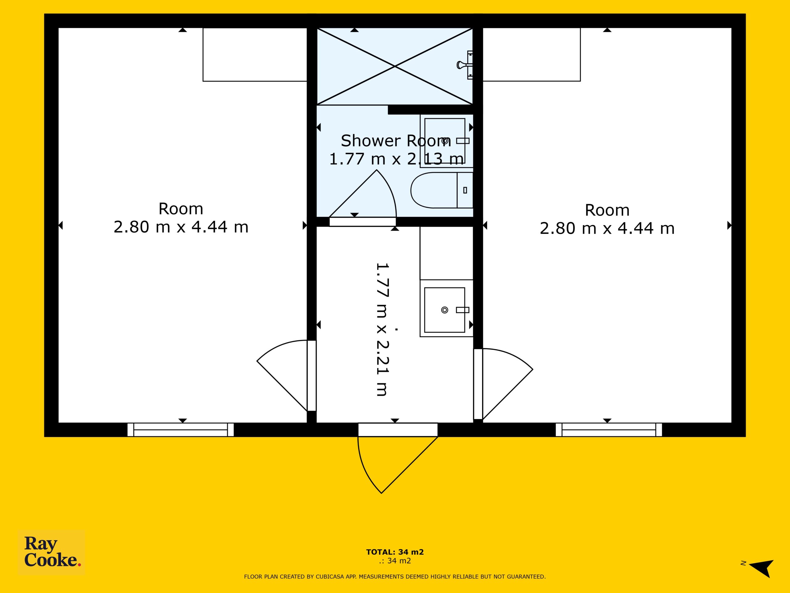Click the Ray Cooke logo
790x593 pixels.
[52, 552]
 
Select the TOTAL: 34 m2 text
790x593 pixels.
[395, 552]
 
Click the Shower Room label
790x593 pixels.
[396, 141]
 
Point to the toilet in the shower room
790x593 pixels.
[442, 190]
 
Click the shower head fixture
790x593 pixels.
[465, 65]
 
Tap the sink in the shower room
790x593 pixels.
[447, 141]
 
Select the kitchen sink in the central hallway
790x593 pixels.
[447, 309]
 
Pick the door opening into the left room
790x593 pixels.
[286, 375]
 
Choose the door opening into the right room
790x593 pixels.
[504, 384]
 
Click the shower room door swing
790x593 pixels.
[363, 197]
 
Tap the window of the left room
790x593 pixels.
[181, 430]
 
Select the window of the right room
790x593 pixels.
[609, 430]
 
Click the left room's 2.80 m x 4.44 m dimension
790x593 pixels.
[181, 227]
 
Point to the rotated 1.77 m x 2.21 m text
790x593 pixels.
[382, 329]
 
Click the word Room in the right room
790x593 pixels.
[607, 210]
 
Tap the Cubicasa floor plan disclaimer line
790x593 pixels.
[395, 577]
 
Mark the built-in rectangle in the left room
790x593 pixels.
[255, 55]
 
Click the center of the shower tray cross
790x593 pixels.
[395, 66]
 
